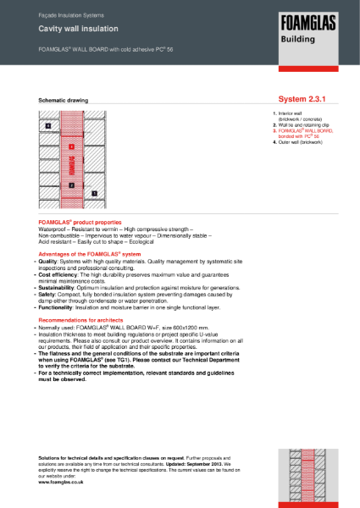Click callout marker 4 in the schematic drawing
(48, 126)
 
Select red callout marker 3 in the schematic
(72, 146)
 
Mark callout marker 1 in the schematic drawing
(94, 194)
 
